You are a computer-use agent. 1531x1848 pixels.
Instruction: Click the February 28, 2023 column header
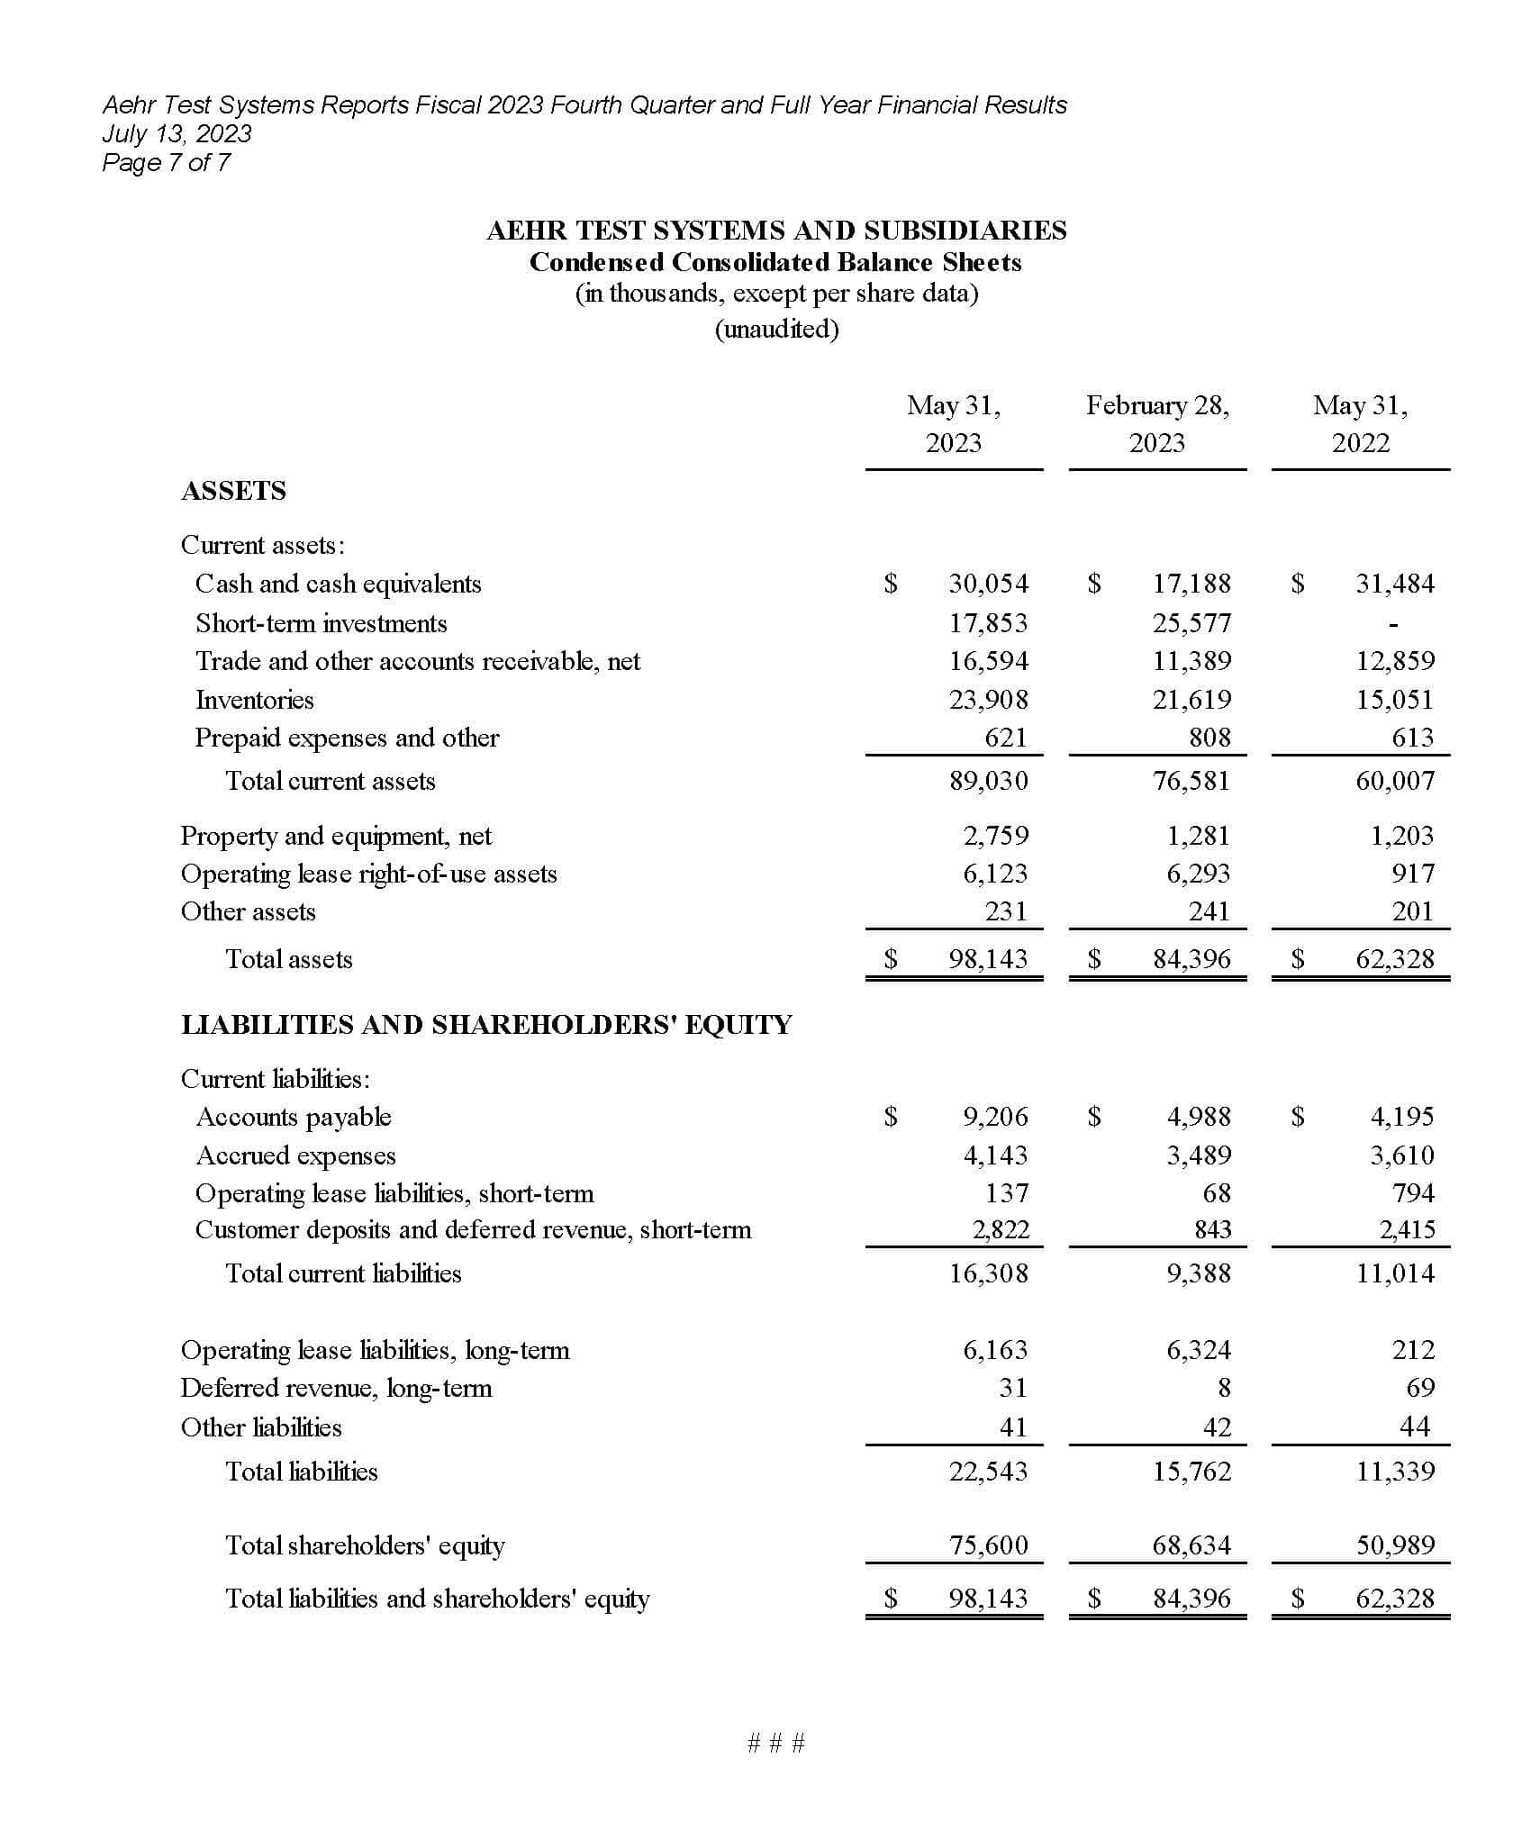pos(1157,423)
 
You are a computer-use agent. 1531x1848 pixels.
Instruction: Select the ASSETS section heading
pos(233,491)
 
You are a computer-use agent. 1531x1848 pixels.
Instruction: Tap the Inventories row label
pos(255,700)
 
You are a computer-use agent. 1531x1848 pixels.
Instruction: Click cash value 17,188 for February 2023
pos(1191,584)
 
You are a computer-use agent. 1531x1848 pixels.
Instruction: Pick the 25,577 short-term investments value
pos(1191,623)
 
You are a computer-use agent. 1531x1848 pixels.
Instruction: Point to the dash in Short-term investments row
pos(1393,623)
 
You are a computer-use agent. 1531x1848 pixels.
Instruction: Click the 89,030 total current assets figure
pos(988,781)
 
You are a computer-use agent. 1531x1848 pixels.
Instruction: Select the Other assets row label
pos(249,911)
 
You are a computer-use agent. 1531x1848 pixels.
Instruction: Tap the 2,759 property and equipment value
pos(995,836)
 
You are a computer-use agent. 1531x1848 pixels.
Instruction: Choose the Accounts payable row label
pos(294,1117)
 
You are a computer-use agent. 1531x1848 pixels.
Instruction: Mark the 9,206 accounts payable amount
pos(995,1117)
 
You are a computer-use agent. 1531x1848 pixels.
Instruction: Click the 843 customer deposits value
pos(1212,1229)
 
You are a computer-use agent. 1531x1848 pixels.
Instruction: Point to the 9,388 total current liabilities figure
pos(1199,1273)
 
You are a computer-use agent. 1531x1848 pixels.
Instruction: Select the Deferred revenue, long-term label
pos(336,1388)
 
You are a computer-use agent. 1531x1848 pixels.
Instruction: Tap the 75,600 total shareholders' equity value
pos(988,1545)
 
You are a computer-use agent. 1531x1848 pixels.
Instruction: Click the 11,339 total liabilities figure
pos(1395,1472)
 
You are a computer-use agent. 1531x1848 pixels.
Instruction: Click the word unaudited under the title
pos(776,329)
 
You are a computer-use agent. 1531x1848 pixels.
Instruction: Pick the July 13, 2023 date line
pos(177,133)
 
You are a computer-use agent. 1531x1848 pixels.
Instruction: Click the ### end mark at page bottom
pos(776,1743)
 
